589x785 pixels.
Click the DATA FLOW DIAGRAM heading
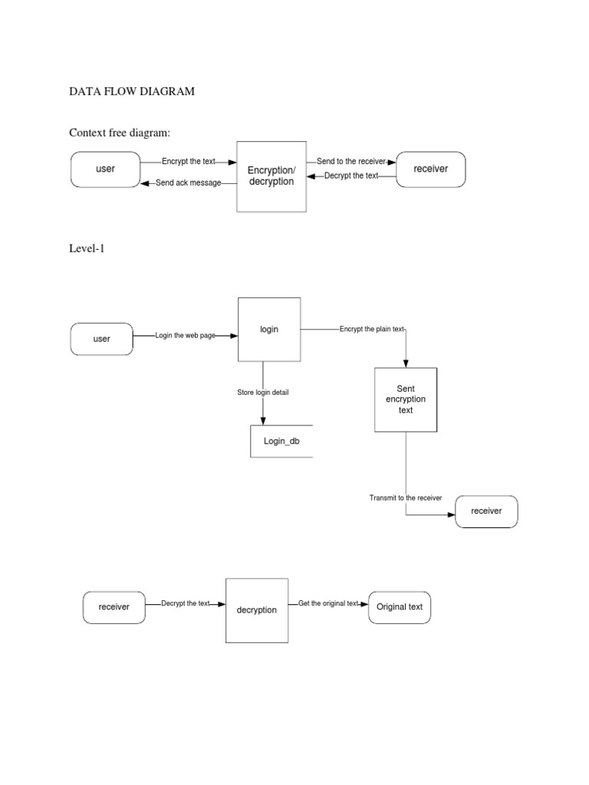(132, 91)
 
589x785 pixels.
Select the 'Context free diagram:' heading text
(119, 133)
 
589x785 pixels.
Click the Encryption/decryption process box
(271, 176)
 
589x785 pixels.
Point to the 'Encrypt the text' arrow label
(189, 162)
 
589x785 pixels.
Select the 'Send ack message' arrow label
(188, 183)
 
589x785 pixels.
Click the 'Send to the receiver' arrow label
(351, 162)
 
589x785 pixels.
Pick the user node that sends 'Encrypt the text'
(105, 169)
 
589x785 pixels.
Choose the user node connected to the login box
(101, 339)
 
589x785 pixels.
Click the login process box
(268, 330)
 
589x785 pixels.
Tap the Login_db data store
(281, 442)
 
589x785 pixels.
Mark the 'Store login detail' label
(263, 392)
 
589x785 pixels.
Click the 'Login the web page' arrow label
(185, 336)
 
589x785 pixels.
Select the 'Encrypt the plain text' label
(371, 329)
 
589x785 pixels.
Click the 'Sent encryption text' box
(406, 399)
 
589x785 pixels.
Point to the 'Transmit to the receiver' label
(406, 498)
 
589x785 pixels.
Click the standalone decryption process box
(257, 610)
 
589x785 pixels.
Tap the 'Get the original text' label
(328, 603)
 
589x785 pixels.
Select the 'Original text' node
(400, 607)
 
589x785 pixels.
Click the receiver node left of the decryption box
(114, 607)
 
